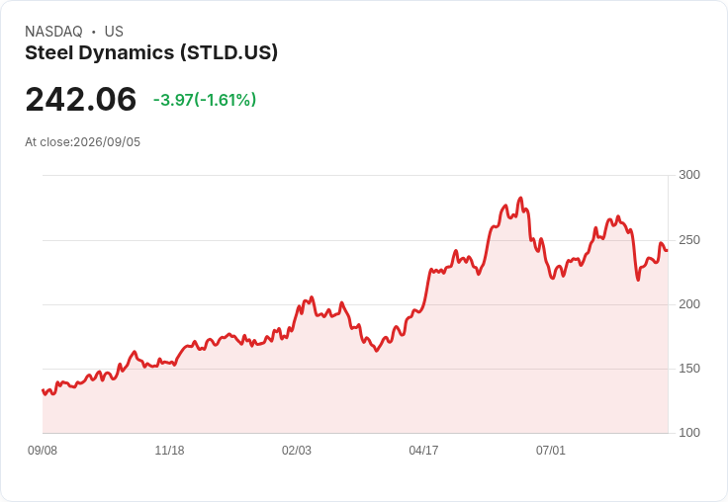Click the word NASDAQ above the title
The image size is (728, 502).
pyautogui.click(x=53, y=32)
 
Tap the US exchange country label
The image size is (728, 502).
pyautogui.click(x=114, y=32)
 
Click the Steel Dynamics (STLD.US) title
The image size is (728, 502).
pyautogui.click(x=151, y=52)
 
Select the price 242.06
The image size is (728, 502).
pyautogui.click(x=81, y=99)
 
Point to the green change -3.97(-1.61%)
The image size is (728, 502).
pyautogui.click(x=205, y=100)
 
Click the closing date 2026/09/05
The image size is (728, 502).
pyautogui.click(x=107, y=142)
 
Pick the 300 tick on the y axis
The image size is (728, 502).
pyautogui.click(x=689, y=175)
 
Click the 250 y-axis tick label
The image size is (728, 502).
pyautogui.click(x=689, y=240)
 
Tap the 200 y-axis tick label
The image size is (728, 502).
pyautogui.click(x=689, y=304)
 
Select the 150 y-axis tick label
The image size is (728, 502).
pyautogui.click(x=689, y=369)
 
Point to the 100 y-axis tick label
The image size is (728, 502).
pyautogui.click(x=689, y=433)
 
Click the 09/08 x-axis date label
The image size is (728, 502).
pyautogui.click(x=43, y=450)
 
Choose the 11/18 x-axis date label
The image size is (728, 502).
pyautogui.click(x=169, y=450)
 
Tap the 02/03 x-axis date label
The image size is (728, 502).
pyautogui.click(x=297, y=450)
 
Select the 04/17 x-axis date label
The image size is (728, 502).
pyautogui.click(x=423, y=450)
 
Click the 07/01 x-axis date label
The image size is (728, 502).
pyautogui.click(x=551, y=450)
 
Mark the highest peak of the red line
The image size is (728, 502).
pyautogui.click(x=520, y=198)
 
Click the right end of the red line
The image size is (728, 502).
pyautogui.click(x=668, y=251)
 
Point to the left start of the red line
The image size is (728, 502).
pyautogui.click(x=43, y=390)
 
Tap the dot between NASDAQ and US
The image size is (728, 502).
pyautogui.click(x=94, y=32)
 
